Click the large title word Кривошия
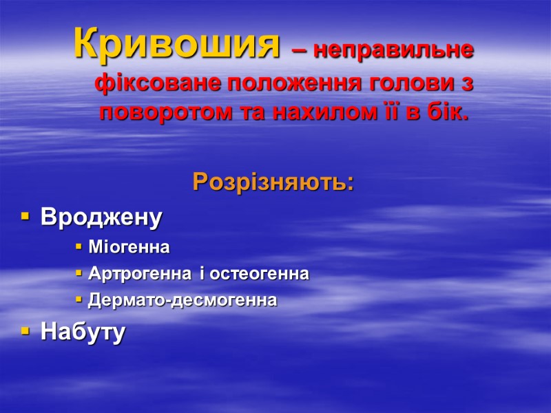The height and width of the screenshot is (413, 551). pos(177,45)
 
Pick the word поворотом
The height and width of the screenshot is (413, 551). pos(164,112)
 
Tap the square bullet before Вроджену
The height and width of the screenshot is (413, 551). pos(25,218)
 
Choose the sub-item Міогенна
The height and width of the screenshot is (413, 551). pos(129,246)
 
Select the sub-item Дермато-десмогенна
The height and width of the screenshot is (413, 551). pos(183,301)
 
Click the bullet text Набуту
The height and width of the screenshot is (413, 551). pos(83,332)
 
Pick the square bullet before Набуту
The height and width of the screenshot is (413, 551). pos(25,332)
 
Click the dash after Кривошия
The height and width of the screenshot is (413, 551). pos(299,50)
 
